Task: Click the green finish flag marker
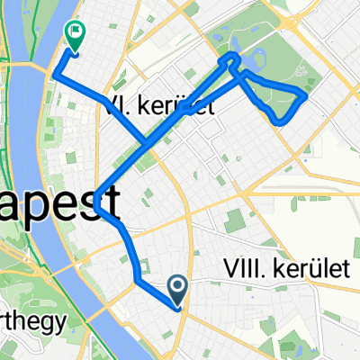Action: click(x=74, y=36)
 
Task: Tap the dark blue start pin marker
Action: click(x=178, y=288)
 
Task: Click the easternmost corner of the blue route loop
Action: click(x=308, y=93)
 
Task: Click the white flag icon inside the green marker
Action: click(x=74, y=33)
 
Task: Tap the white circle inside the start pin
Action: click(x=178, y=285)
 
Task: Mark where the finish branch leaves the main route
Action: click(x=144, y=143)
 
